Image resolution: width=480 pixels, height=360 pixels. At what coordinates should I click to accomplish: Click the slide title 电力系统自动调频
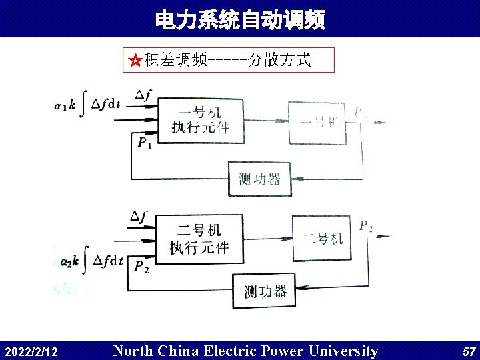coord(240,21)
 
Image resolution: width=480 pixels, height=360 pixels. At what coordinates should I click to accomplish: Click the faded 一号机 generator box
coord(318,122)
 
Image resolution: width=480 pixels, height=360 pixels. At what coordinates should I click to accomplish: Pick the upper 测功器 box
coord(259,179)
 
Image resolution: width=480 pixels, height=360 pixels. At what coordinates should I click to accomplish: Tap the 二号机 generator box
coord(322,238)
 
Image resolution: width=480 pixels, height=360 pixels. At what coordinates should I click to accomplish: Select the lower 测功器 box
coord(265,291)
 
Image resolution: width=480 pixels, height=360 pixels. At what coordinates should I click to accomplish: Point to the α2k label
coord(69,261)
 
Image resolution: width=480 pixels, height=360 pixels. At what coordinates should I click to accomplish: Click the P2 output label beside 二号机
coord(366,227)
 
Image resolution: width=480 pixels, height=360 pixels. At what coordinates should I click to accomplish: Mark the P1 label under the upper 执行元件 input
coord(145,143)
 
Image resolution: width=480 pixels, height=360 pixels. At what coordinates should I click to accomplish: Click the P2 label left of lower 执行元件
coord(141,267)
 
